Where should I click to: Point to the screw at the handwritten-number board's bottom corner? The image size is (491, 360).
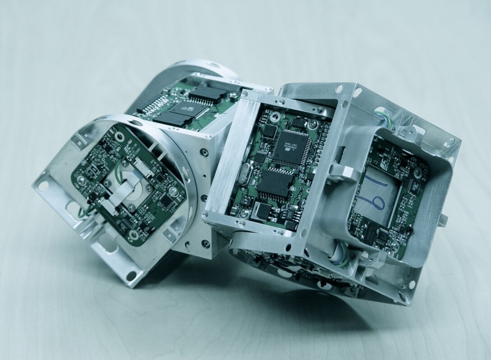point(396,246)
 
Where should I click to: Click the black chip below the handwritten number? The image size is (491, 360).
point(383,234)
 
